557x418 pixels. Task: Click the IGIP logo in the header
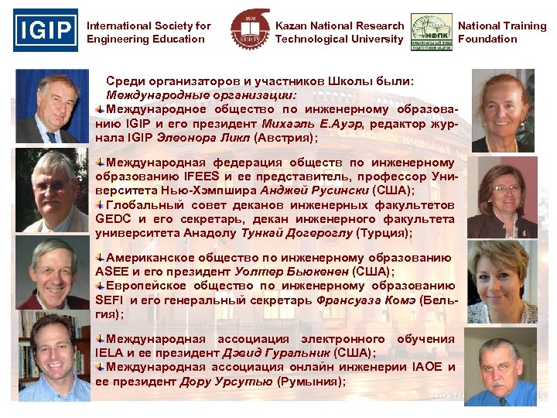click(x=46, y=30)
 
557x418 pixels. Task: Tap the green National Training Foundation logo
click(x=432, y=33)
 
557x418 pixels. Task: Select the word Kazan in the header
click(x=292, y=26)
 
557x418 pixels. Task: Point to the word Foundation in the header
click(x=487, y=39)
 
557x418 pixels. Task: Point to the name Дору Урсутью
click(x=226, y=381)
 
